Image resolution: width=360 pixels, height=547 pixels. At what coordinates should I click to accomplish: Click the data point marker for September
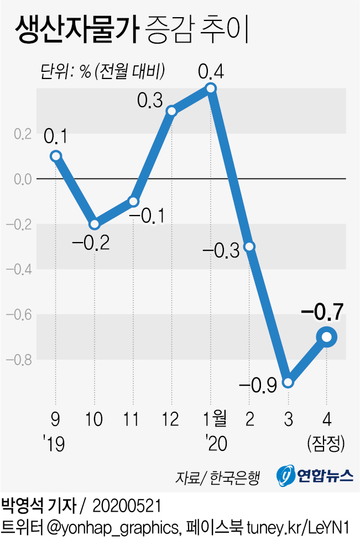tap(55, 156)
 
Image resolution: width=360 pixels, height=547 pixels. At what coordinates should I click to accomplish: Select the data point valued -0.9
tap(288, 382)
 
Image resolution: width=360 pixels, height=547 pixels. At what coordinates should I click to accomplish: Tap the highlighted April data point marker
tap(326, 337)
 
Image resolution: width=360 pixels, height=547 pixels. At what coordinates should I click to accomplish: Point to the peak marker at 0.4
tap(210, 88)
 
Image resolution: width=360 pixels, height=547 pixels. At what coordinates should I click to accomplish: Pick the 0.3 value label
tap(150, 100)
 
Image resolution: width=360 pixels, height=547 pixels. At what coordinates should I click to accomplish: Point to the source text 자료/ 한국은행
tap(217, 476)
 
